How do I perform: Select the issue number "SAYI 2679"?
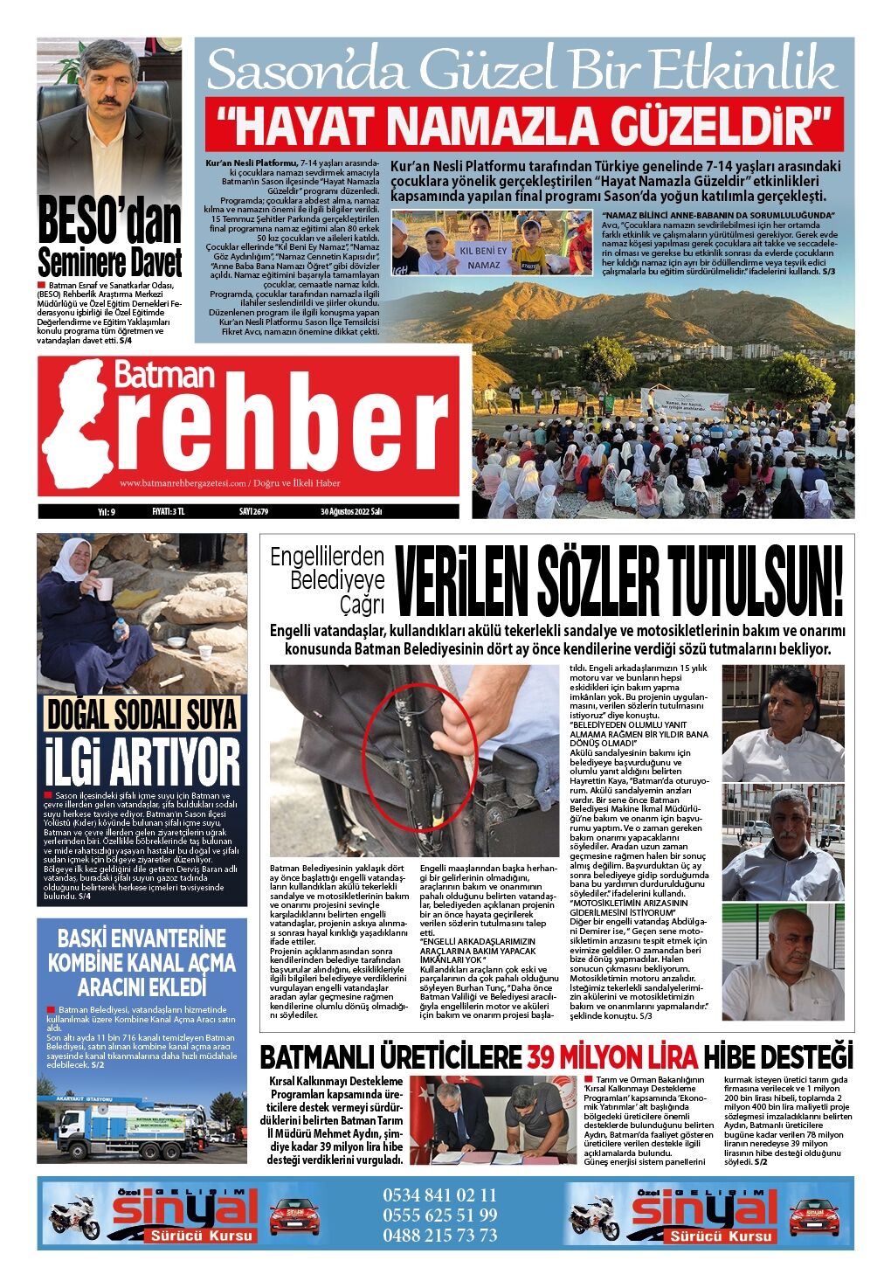[x=253, y=512]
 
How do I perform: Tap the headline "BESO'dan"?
[x=109, y=224]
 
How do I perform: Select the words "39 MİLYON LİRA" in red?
[x=612, y=1057]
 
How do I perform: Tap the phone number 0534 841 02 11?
[x=439, y=1195]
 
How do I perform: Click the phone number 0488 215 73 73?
[x=439, y=1236]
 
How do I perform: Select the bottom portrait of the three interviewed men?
[x=782, y=958]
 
